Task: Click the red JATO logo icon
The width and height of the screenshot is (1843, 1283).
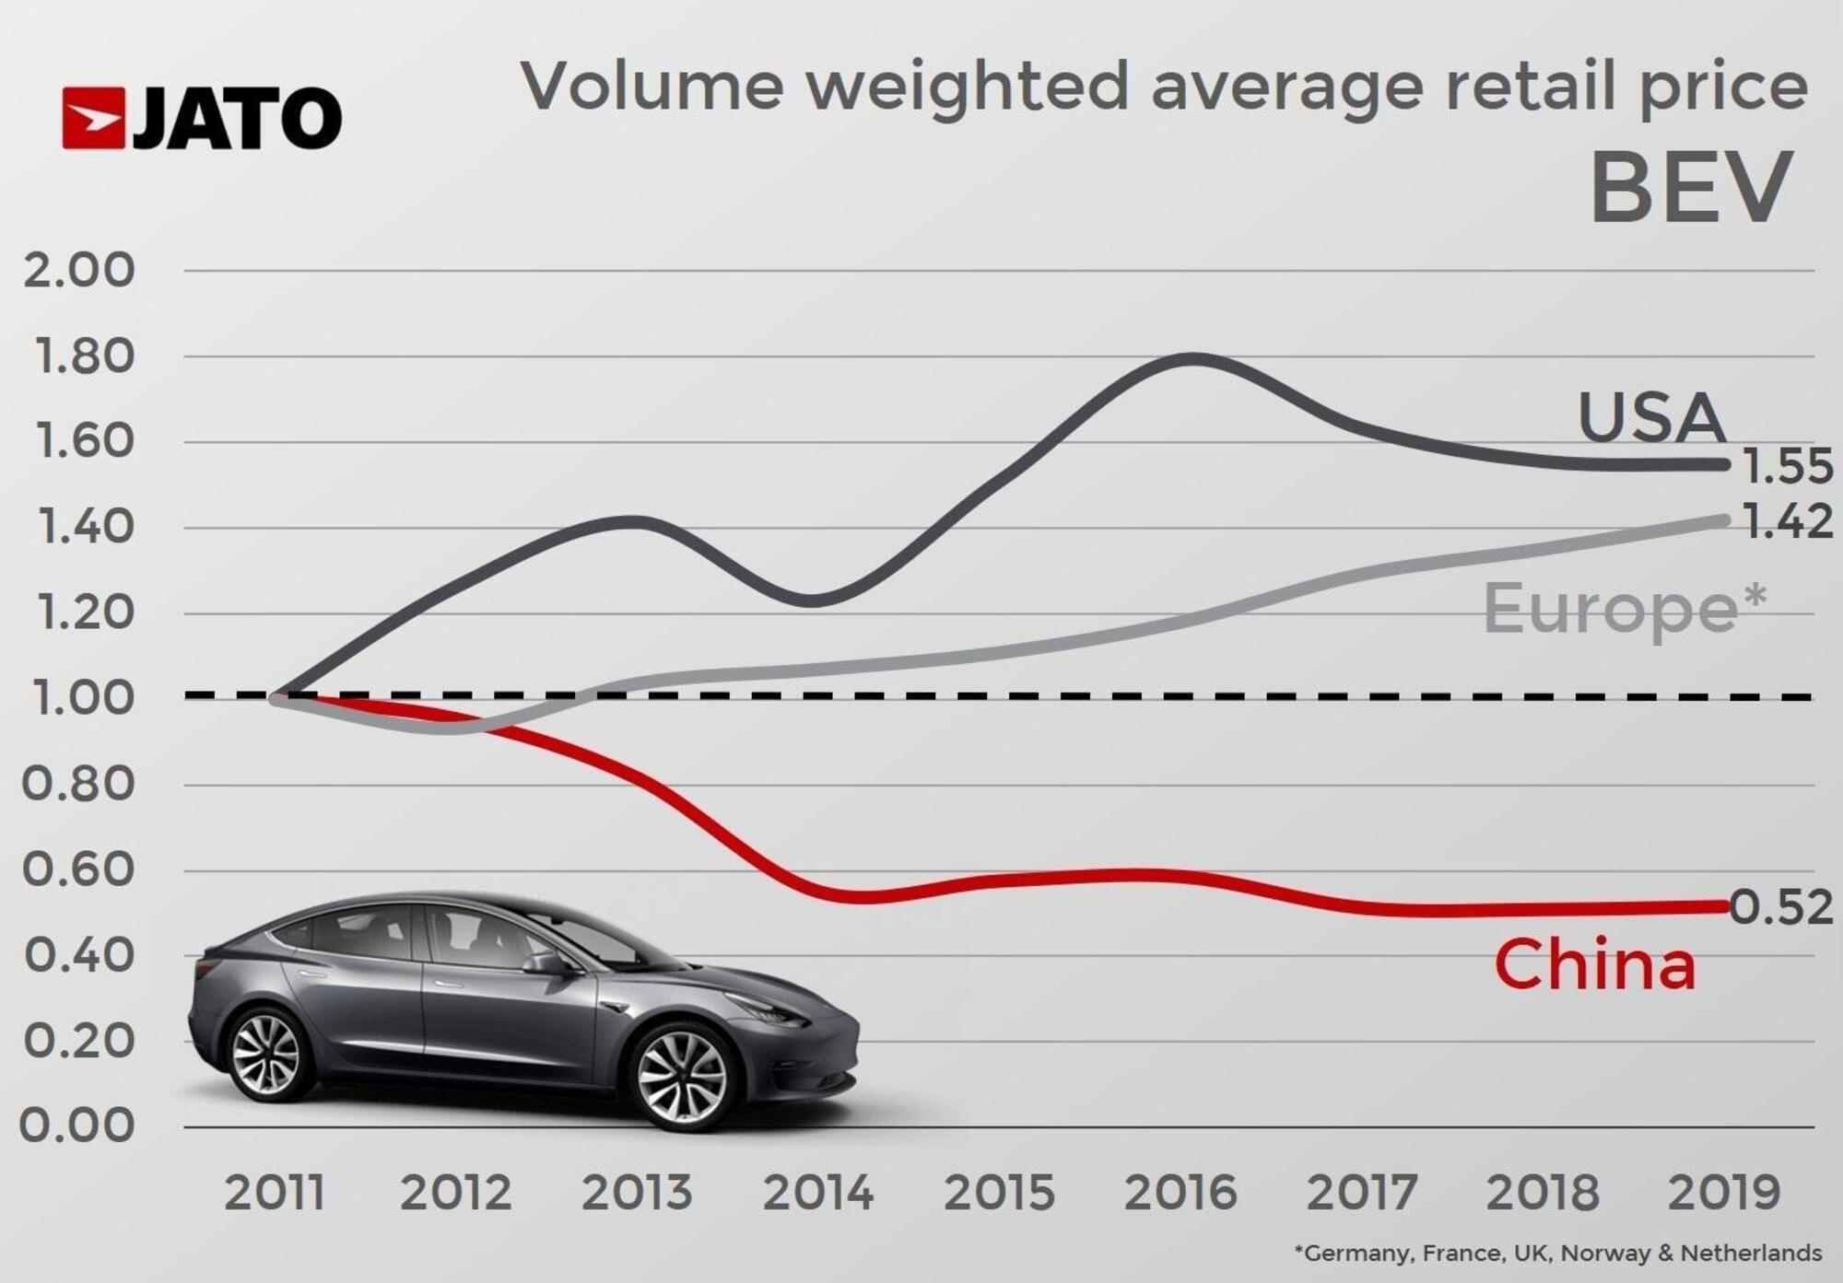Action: (93, 118)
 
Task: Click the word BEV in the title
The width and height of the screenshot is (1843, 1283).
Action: (1692, 188)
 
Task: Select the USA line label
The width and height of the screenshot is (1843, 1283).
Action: (1651, 417)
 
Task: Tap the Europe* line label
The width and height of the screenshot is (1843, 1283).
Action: (1625, 608)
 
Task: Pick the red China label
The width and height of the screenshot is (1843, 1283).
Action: (1594, 964)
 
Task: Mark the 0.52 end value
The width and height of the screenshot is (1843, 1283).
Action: (1781, 908)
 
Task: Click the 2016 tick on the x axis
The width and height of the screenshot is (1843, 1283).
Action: (1180, 1193)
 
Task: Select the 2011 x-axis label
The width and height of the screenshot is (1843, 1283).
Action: (275, 1193)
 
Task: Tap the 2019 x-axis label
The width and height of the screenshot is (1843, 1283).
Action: (1724, 1193)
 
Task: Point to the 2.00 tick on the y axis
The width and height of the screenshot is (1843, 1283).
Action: (78, 271)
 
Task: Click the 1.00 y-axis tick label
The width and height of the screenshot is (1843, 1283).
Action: (81, 698)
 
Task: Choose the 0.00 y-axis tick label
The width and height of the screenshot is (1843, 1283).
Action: (77, 1126)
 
